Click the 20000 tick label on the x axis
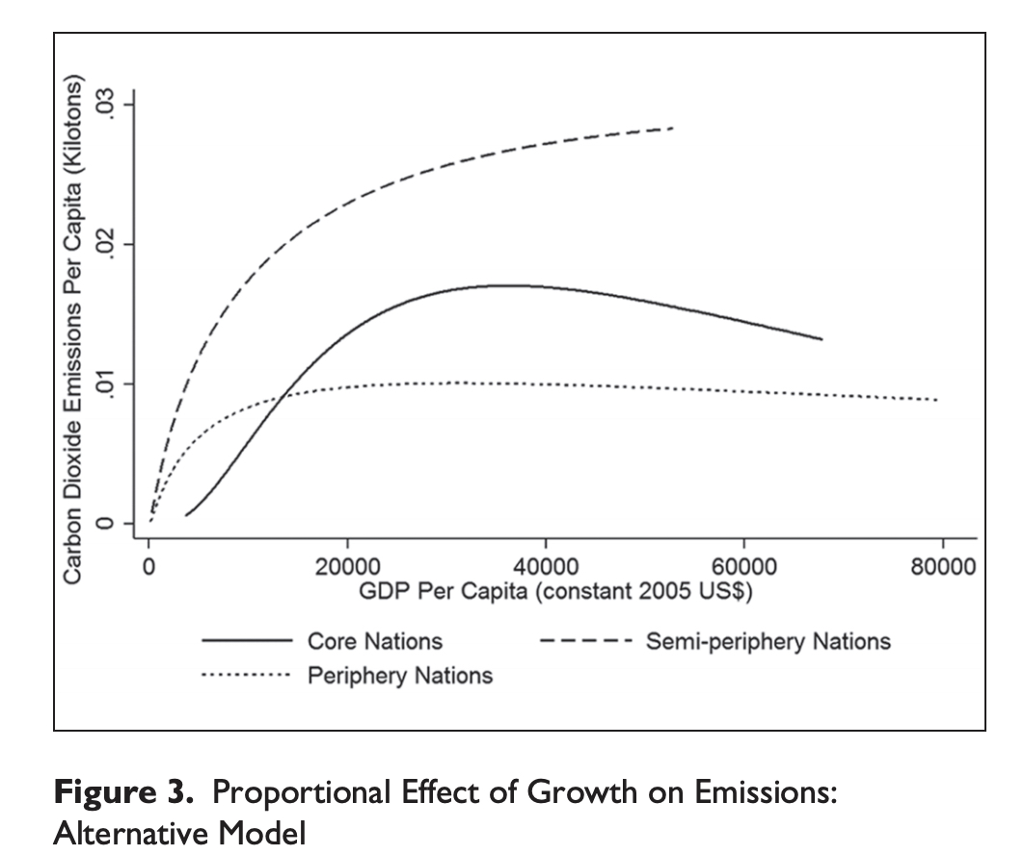click(x=347, y=567)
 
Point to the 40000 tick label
click(x=546, y=567)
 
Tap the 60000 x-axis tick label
click(x=744, y=567)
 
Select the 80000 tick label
click(x=942, y=567)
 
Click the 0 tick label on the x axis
click(x=149, y=567)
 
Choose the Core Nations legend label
click(x=374, y=641)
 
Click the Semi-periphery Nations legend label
click(x=768, y=641)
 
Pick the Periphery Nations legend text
click(x=399, y=676)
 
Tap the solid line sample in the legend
click(x=246, y=641)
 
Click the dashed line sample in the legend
click(x=585, y=641)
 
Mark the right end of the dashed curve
click(x=673, y=127)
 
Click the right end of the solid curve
click(x=822, y=339)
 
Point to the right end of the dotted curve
click(x=936, y=400)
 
